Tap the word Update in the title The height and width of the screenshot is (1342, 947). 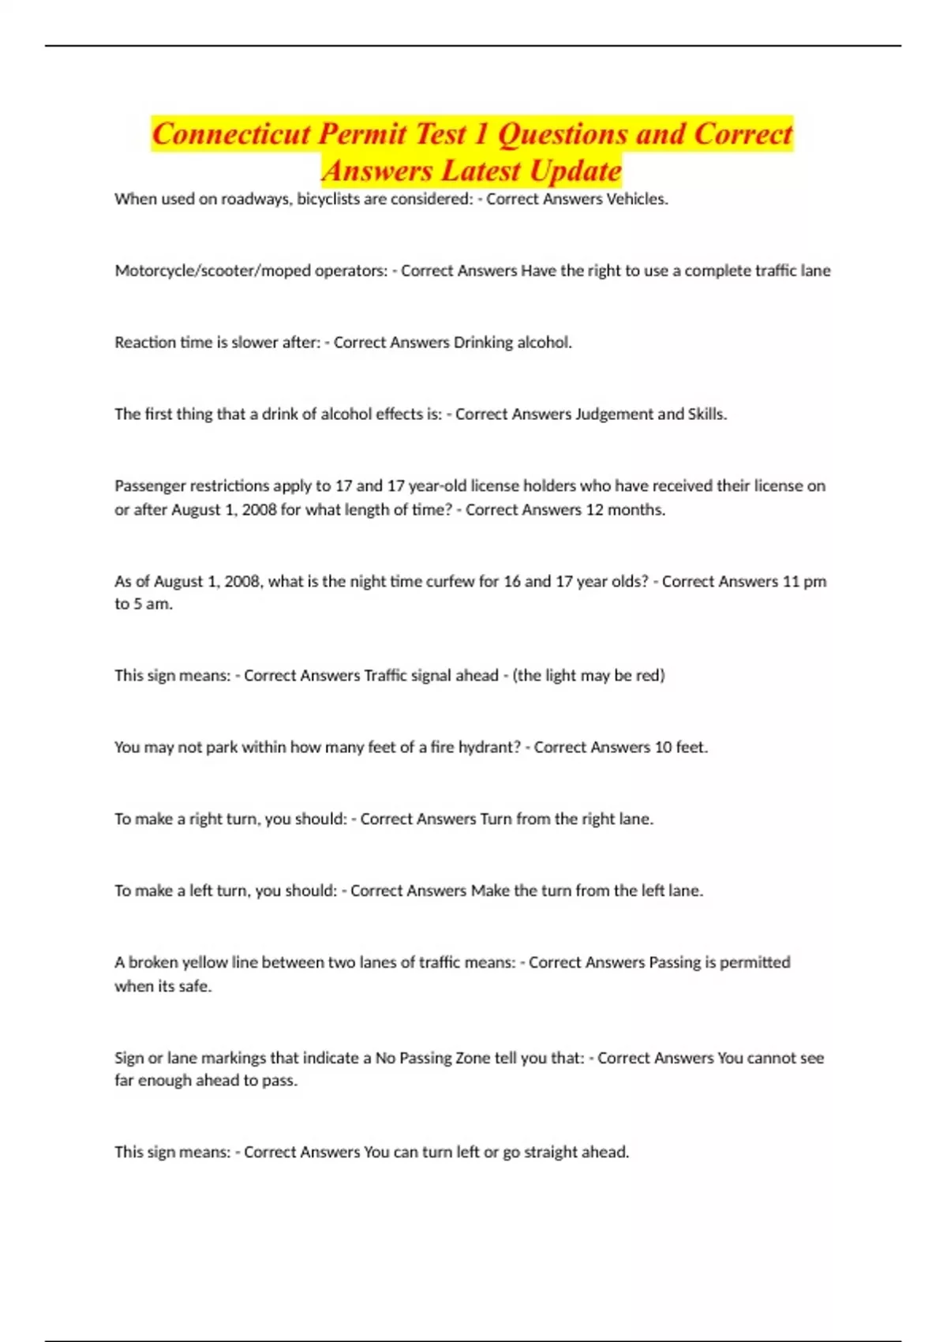[575, 171]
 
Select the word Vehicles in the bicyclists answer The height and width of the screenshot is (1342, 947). [637, 199]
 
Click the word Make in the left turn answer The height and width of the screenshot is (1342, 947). [490, 891]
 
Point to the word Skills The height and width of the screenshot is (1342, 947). [707, 414]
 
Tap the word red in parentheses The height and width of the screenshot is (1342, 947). [649, 676]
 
